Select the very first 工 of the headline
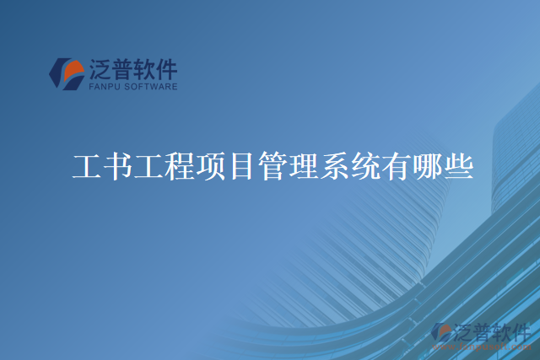point(81,167)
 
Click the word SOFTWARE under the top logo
point(152,86)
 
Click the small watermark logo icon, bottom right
point(441,332)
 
